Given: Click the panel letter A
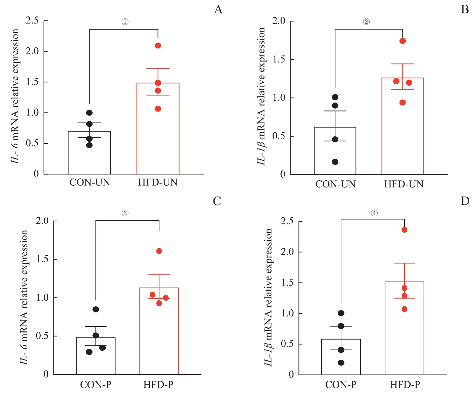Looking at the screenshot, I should point(218,9).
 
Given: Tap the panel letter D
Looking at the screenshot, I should point(465,201).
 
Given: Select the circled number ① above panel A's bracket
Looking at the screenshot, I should point(125,22).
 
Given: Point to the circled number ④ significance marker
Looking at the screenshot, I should point(374,213).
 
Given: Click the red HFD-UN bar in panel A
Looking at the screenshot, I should point(158,134).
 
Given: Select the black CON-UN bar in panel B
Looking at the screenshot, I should point(335,155).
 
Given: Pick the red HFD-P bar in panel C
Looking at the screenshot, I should point(159,336).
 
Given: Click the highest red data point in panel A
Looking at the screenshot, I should point(158,45).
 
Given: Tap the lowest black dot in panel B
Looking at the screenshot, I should point(335,162).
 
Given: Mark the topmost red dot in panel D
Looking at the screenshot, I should point(404,230).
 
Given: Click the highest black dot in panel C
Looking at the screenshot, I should point(96,309).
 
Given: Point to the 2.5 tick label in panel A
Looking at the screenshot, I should point(32,21).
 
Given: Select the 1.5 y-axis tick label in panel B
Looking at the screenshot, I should point(279,59).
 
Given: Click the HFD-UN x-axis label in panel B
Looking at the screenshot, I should point(404,184).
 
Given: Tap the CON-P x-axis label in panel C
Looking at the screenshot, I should point(96,384).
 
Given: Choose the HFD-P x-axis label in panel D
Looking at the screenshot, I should point(405,384).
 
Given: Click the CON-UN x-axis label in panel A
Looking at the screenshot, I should point(90,182).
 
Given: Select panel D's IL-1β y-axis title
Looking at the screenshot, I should point(269,297).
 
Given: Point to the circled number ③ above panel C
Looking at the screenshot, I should point(125,213).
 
